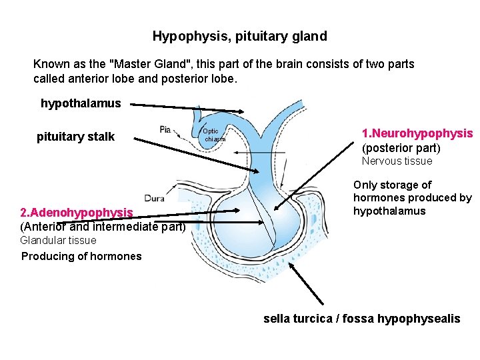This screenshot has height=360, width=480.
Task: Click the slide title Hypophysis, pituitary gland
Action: coord(239,36)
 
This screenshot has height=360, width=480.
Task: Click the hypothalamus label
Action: coord(81,103)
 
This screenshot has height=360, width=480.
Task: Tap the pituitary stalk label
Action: coord(75,137)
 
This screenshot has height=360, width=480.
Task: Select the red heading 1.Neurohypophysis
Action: coord(417,133)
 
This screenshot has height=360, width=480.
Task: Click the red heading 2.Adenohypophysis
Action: coord(77,213)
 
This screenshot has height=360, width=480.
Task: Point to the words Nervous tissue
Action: coord(397,161)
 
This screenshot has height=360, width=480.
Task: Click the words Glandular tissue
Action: coord(59,241)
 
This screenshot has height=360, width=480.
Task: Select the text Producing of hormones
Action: coord(81,257)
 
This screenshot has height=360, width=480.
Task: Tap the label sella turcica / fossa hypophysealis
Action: coord(362,319)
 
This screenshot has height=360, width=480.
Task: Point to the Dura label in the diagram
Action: coord(155,198)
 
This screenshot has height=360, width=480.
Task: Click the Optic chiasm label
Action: coord(213,135)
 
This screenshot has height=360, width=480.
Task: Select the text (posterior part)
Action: coord(401,148)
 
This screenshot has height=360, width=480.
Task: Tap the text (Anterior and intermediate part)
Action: coord(103,226)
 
